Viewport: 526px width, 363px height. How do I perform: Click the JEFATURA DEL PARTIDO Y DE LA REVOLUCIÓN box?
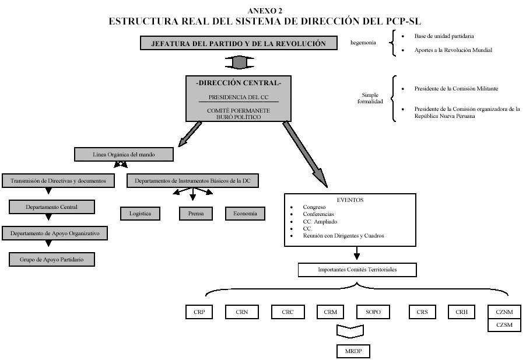(239, 44)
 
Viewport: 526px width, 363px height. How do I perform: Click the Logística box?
(140, 214)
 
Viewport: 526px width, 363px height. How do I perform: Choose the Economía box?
(245, 214)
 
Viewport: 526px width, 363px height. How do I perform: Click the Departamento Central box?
(52, 207)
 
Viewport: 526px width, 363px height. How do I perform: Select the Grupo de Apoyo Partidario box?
(52, 259)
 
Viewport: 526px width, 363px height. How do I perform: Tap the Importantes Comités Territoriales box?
(357, 270)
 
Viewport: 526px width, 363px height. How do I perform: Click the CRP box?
(199, 312)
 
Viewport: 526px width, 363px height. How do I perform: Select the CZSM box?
(504, 325)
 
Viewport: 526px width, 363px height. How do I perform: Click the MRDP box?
(353, 351)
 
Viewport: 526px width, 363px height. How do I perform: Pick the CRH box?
(461, 312)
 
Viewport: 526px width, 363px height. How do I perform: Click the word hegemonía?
(363, 43)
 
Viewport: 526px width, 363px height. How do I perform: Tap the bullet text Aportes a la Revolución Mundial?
(453, 50)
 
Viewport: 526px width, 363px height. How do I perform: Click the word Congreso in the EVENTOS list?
(314, 207)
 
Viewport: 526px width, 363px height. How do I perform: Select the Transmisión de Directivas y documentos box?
(59, 181)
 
